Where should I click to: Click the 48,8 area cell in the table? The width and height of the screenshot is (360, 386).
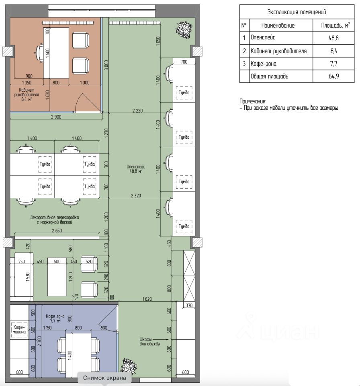click(x=333, y=38)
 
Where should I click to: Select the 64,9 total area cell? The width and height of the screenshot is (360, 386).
click(x=333, y=76)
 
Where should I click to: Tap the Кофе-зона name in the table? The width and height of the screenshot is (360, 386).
click(x=263, y=64)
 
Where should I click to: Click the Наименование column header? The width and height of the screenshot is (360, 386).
click(x=278, y=25)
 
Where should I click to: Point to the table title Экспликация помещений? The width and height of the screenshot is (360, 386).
click(x=297, y=12)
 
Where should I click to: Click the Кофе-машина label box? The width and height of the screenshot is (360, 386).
click(x=19, y=329)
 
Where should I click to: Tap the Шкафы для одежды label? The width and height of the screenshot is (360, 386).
click(x=150, y=341)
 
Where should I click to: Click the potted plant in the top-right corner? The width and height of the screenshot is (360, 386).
click(x=184, y=29)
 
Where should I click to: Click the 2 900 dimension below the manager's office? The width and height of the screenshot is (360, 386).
click(x=56, y=117)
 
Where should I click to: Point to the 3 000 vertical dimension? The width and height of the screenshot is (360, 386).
click(x=106, y=65)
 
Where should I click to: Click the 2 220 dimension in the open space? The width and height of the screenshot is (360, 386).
click(x=137, y=111)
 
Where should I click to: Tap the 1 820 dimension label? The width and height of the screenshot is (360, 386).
click(x=147, y=299)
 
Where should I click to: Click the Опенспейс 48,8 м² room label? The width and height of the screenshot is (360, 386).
click(x=136, y=169)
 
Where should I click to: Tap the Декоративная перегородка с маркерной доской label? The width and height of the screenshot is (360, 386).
click(x=55, y=220)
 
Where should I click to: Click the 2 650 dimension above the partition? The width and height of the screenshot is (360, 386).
click(x=57, y=230)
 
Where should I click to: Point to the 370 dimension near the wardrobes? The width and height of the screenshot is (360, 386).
click(x=189, y=305)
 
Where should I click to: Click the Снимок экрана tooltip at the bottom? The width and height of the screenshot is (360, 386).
click(x=104, y=378)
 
